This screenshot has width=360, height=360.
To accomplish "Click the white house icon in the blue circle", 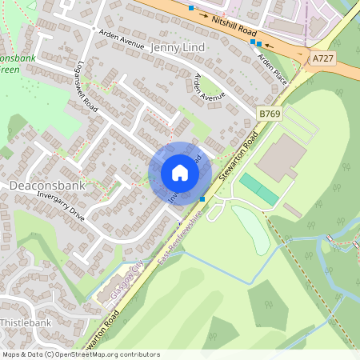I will click(x=179, y=173).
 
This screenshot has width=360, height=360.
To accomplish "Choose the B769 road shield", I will click(x=270, y=115).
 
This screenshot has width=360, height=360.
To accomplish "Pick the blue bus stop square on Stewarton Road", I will click(x=203, y=198).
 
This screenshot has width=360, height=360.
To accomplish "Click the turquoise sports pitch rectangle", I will click(x=259, y=189).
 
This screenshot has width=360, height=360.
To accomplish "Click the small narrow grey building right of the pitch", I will click(x=292, y=210).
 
